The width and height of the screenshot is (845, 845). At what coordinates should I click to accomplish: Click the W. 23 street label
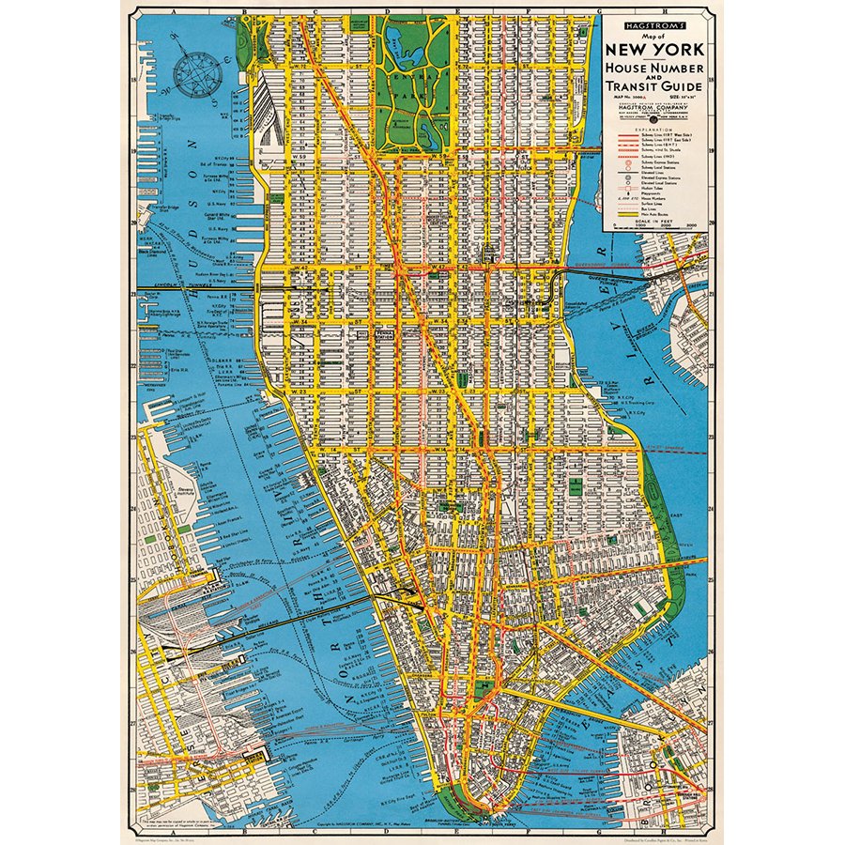[299, 388]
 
